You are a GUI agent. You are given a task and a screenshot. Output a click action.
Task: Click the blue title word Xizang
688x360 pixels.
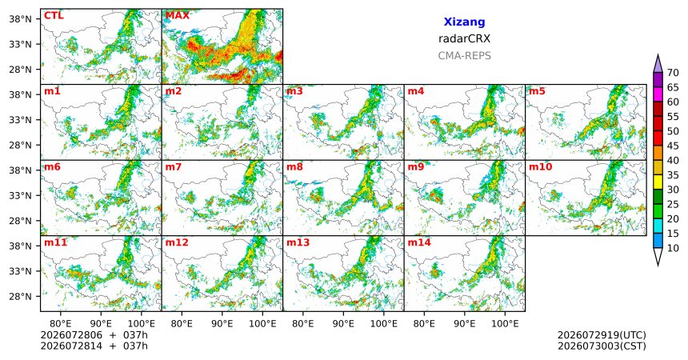click(464, 22)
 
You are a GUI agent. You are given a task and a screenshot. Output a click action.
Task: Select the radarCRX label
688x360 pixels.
click(464, 38)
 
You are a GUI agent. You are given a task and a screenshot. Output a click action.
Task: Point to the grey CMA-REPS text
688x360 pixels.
click(464, 56)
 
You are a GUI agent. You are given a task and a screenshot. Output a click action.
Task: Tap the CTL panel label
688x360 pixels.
click(54, 16)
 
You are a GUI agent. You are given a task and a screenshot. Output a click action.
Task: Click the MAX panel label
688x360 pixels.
click(178, 16)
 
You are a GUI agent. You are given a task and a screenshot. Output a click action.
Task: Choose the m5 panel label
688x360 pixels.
click(537, 91)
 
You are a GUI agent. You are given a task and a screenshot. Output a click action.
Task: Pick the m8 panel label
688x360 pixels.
click(294, 167)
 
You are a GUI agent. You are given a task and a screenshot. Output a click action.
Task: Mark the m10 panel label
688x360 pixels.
click(540, 167)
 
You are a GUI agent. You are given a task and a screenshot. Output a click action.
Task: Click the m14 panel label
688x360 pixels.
click(419, 242)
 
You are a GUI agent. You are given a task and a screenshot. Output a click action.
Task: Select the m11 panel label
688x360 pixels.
click(55, 242)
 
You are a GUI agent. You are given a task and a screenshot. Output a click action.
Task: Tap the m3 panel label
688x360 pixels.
click(294, 91)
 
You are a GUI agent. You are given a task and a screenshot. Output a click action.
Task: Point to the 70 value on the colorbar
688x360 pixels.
click(673, 73)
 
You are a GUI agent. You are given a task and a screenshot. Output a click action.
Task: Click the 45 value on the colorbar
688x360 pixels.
click(673, 146)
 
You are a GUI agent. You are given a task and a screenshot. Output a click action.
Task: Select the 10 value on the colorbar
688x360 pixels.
click(673, 248)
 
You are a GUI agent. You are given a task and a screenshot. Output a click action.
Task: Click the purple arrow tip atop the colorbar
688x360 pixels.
click(658, 55)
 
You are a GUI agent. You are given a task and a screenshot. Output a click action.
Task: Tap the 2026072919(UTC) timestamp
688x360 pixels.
click(602, 335)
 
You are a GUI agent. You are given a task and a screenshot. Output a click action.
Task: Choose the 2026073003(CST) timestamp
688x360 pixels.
click(602, 346)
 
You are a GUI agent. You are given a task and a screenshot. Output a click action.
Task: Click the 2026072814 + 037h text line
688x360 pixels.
click(94, 346)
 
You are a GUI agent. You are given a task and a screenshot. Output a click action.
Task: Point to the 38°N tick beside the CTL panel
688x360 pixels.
click(20, 19)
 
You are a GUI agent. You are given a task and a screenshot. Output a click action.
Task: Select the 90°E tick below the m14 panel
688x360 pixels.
click(464, 324)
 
